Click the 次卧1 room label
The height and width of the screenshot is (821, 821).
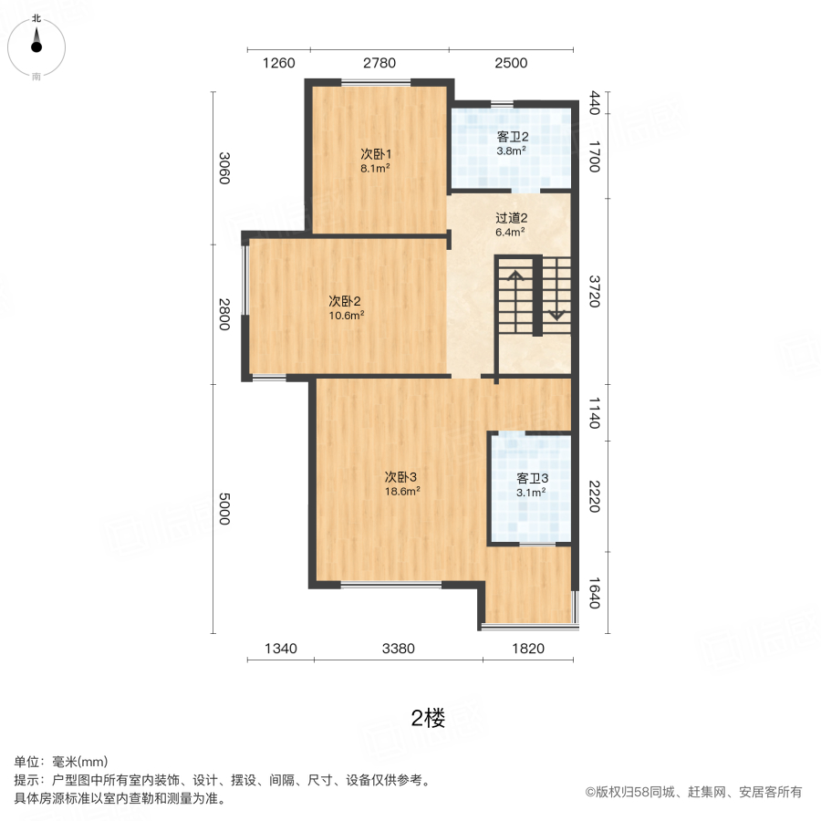click(x=376, y=154)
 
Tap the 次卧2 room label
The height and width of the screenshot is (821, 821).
click(x=345, y=301)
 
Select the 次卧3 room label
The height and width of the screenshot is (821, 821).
click(x=400, y=477)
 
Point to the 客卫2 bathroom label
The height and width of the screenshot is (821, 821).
click(x=513, y=137)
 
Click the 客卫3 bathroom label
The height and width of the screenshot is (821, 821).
click(x=533, y=479)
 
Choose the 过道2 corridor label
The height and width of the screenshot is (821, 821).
click(x=512, y=218)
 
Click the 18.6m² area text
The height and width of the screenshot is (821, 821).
click(x=402, y=492)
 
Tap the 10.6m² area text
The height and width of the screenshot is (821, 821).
click(x=347, y=316)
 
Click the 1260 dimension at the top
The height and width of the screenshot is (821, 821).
click(x=278, y=63)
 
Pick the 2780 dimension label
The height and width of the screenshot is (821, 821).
click(x=379, y=63)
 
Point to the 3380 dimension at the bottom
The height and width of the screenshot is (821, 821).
click(x=399, y=649)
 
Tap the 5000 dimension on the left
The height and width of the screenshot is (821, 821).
click(x=224, y=508)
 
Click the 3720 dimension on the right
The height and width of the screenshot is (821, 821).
click(x=595, y=292)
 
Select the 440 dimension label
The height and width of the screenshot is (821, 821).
click(x=595, y=102)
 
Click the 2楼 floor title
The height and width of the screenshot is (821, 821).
click(x=429, y=719)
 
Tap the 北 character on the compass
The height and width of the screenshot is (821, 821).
click(x=36, y=18)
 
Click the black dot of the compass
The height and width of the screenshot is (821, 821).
click(x=36, y=47)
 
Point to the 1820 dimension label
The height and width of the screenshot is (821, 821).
click(x=528, y=649)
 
